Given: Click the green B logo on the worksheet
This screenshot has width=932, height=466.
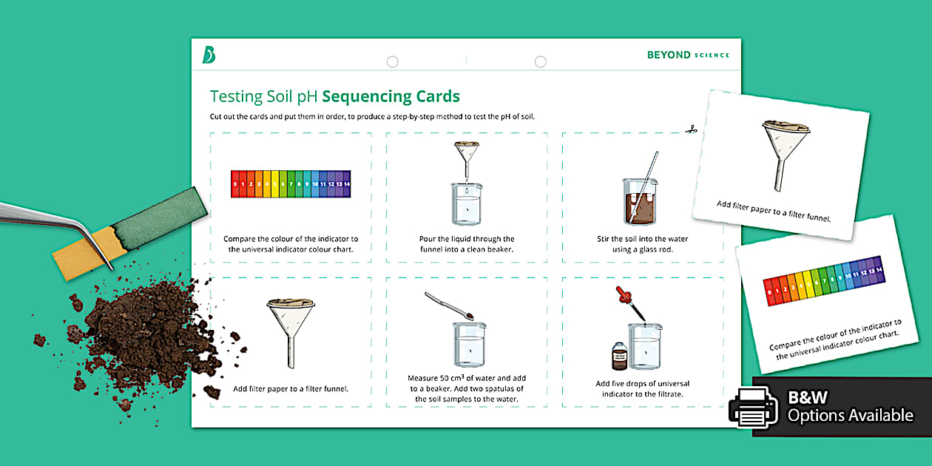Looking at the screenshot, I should [x=209, y=55].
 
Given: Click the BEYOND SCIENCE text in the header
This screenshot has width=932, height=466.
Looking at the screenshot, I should [x=687, y=55].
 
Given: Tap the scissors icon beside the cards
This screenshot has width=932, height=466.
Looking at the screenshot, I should [x=690, y=130].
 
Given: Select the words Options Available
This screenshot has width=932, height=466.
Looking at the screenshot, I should [x=850, y=416].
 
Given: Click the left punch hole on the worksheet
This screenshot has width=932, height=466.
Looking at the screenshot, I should [x=392, y=61].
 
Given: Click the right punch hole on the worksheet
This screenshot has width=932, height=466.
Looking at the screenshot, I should [x=540, y=61].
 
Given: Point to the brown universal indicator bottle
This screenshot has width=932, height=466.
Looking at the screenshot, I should [x=618, y=356].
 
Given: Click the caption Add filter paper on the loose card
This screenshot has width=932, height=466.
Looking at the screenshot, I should [x=774, y=211].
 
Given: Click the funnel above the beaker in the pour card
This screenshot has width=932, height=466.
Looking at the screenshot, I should [x=466, y=157].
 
